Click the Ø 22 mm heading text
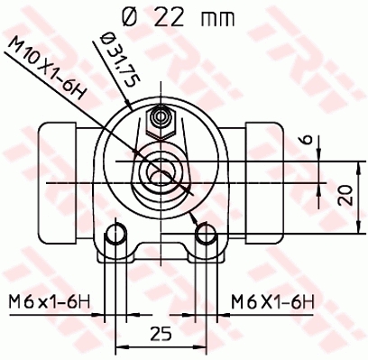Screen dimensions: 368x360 (x=178, y=17)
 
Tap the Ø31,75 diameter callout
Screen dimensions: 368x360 (x=120, y=60)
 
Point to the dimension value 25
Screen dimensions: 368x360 (x=161, y=333)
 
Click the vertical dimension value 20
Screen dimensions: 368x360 (x=345, y=196)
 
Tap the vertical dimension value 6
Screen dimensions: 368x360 (x=307, y=140)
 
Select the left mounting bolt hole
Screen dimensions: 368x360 (x=115, y=234)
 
